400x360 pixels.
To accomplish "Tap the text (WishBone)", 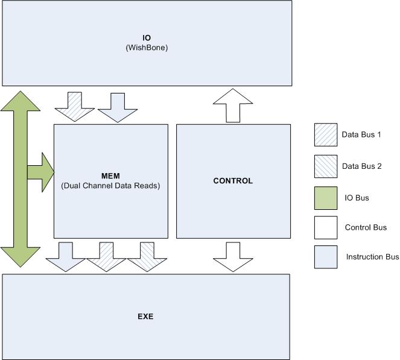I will [x=146, y=46].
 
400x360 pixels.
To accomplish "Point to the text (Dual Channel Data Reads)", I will [x=110, y=186].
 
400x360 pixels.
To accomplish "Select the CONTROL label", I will [x=233, y=181].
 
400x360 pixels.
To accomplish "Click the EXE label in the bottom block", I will [x=145, y=316].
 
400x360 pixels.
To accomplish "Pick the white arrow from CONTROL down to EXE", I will [x=233, y=256].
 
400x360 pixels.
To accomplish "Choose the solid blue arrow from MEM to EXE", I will [x=66, y=256].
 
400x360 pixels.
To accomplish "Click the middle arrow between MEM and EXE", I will [x=107, y=256].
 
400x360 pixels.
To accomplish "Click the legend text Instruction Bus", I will [x=372, y=257].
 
